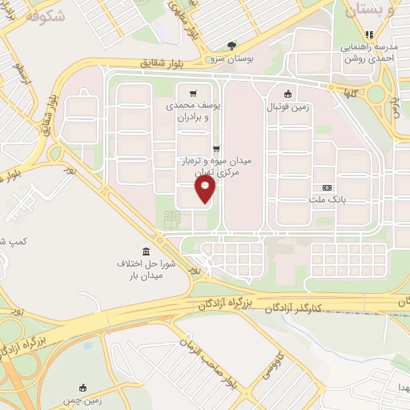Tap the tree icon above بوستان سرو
(232, 46)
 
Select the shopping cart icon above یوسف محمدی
(192, 92)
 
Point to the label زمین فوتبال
(288, 105)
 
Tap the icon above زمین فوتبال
(288, 92)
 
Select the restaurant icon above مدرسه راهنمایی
(368, 34)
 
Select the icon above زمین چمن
(82, 387)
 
